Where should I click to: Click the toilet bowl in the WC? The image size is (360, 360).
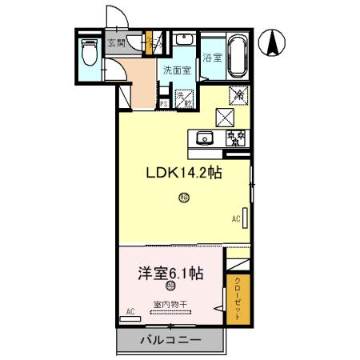tap(90, 54)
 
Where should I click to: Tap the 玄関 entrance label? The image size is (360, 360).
tap(118, 44)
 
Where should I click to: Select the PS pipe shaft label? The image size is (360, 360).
tap(163, 103)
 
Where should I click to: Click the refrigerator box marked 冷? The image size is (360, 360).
tap(238, 94)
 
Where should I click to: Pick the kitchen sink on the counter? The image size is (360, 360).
tap(203, 138)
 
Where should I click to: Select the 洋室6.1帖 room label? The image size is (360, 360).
tap(168, 272)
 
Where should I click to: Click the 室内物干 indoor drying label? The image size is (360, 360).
tap(170, 304)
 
